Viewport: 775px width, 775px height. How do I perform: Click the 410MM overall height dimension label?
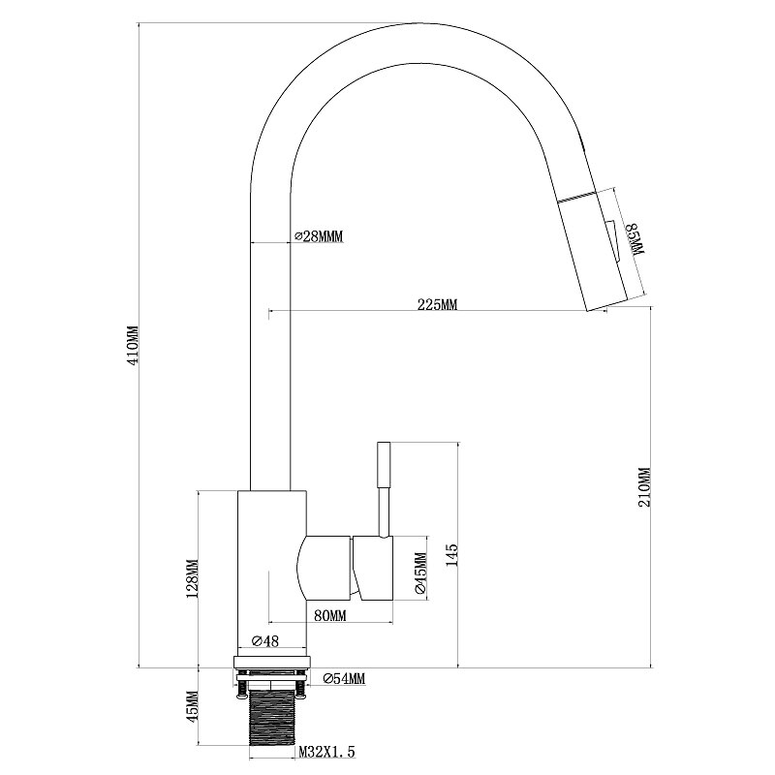[x=134, y=345]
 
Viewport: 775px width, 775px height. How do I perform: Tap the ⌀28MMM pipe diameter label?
[x=319, y=236]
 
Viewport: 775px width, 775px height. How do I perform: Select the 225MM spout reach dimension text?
[x=438, y=304]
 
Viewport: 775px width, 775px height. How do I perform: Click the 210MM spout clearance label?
[x=645, y=487]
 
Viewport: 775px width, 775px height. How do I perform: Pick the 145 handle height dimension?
[x=452, y=555]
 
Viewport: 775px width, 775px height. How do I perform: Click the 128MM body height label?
[x=192, y=578]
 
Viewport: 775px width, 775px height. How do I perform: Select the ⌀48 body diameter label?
[x=265, y=641]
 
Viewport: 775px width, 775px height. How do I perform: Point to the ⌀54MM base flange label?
[x=344, y=679]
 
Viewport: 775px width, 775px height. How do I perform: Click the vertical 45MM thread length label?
[x=192, y=705]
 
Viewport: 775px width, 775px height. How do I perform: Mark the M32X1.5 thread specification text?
[x=327, y=753]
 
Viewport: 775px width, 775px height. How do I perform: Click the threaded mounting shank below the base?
[x=272, y=719]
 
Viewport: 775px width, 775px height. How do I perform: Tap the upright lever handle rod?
[x=384, y=489]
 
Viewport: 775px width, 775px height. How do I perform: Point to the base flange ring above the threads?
[x=272, y=662]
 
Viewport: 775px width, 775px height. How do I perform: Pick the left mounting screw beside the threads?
[x=242, y=686]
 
